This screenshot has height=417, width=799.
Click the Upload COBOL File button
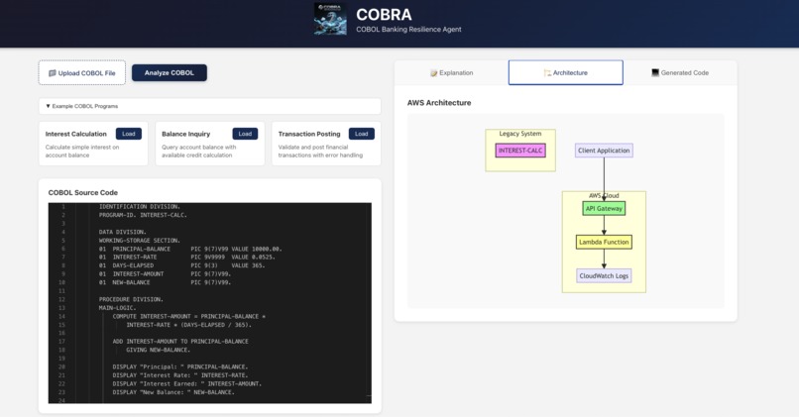[82, 72]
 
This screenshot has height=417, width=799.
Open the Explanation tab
[451, 72]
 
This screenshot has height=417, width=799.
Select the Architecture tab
[565, 72]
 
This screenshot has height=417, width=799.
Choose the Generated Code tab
[680, 72]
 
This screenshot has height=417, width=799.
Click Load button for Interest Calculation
[127, 134]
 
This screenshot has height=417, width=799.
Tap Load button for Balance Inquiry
[245, 134]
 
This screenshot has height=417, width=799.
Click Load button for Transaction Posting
[362, 134]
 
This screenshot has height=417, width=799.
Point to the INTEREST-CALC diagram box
[520, 151]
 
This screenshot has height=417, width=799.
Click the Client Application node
[604, 151]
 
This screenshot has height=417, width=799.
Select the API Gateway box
[604, 209]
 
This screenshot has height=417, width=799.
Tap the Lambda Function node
[604, 242]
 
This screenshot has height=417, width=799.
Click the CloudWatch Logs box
[604, 275]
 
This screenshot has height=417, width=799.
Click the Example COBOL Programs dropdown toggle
[48, 105]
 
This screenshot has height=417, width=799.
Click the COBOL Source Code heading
[83, 192]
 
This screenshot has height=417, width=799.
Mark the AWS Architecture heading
[439, 103]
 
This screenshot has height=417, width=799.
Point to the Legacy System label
[520, 134]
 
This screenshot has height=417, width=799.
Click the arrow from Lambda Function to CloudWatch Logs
[604, 259]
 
